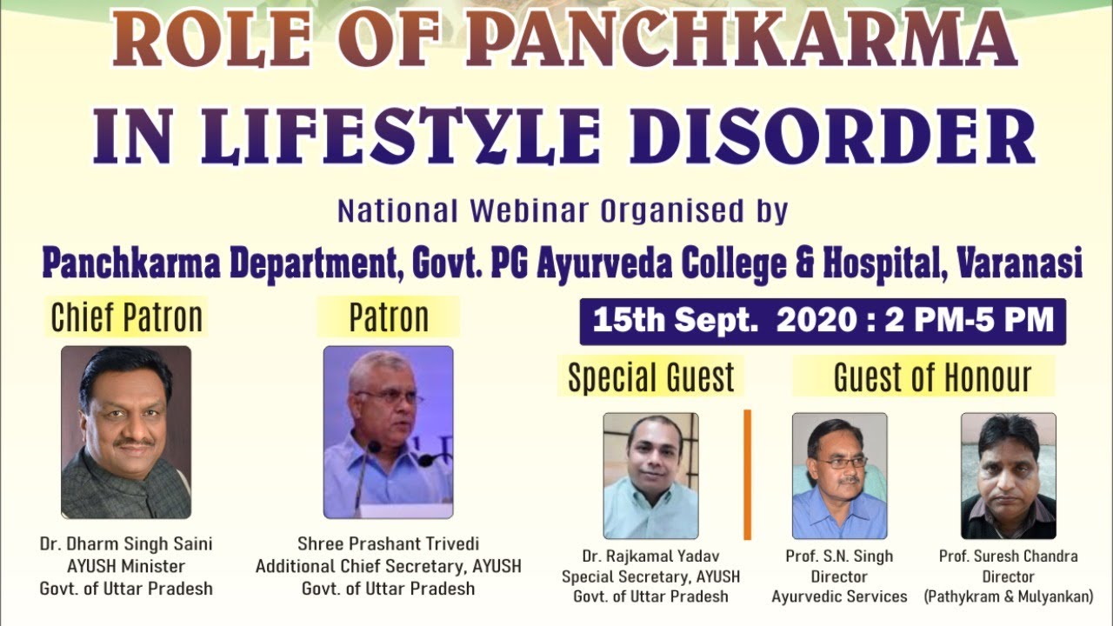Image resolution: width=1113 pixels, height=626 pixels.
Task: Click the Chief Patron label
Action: (127, 318)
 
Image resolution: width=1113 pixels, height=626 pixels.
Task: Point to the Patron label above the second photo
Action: (389, 318)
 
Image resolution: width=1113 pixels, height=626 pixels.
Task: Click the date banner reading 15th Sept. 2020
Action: (823, 321)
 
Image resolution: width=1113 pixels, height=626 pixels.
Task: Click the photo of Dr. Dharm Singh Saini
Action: (126, 432)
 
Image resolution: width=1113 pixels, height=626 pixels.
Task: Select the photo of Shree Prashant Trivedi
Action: (388, 432)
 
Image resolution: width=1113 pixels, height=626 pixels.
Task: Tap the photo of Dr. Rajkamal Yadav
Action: (651, 476)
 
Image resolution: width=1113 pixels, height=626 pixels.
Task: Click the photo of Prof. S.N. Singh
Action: (839, 476)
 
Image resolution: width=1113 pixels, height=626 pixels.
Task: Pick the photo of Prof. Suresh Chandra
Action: (1008, 476)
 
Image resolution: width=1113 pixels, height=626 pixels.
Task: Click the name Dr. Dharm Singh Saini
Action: (126, 544)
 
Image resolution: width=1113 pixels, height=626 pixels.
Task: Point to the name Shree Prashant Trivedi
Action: (388, 544)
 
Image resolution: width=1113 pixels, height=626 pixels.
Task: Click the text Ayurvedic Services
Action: (839, 596)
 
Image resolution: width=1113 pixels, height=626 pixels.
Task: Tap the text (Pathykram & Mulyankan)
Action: (1008, 596)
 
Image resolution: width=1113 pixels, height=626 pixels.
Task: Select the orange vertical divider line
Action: (747, 475)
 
